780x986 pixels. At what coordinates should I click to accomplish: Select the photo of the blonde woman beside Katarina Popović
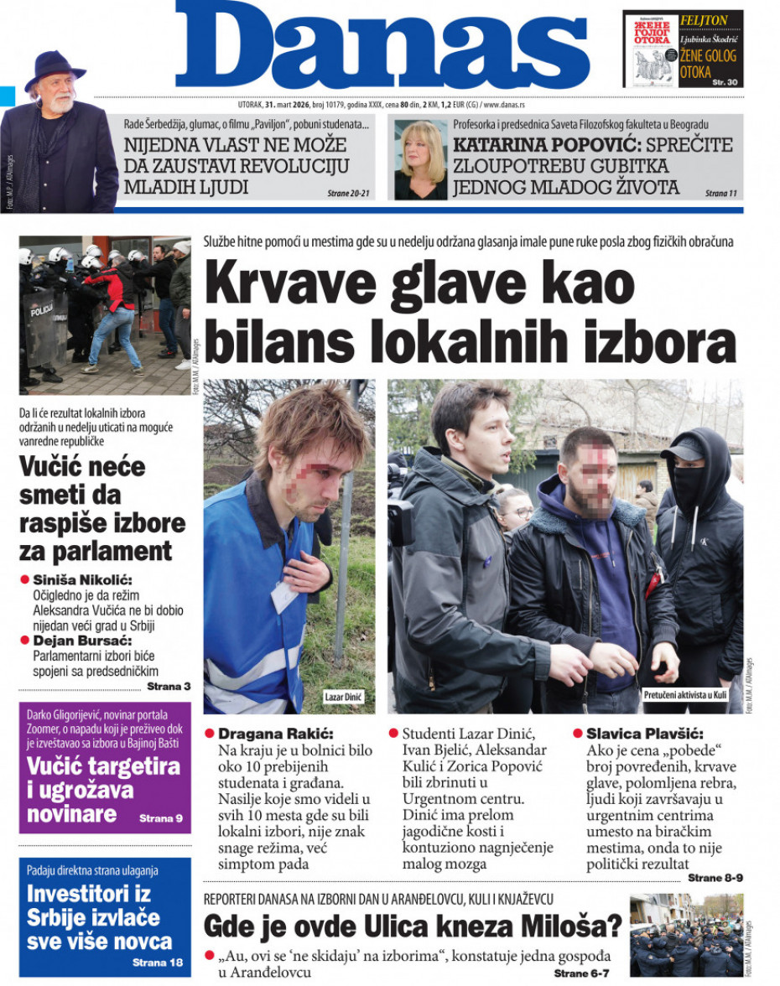[420, 159]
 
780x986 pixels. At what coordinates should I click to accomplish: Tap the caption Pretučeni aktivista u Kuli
[684, 695]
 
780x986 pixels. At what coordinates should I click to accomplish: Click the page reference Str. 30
[724, 81]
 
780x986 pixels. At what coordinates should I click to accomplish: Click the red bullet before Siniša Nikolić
[25, 579]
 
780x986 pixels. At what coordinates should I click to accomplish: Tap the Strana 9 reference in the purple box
[160, 817]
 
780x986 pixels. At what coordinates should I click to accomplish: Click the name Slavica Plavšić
[644, 733]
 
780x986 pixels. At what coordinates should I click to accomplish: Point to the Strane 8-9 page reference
[715, 878]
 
